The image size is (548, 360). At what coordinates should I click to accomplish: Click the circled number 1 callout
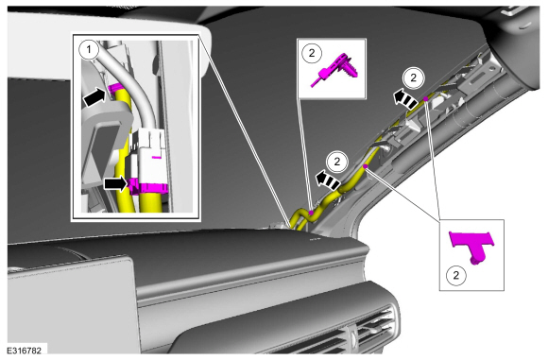(x=89, y=50)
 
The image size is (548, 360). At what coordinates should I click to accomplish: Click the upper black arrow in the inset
(x=94, y=97)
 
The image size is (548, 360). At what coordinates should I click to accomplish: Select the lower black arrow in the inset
(x=116, y=183)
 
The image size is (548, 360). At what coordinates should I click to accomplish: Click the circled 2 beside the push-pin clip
(x=312, y=53)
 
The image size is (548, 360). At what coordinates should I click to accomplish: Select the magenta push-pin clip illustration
(x=334, y=70)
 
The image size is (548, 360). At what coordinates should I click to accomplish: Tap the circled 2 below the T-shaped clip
(x=455, y=275)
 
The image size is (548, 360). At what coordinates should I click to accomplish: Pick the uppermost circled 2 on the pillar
(x=414, y=77)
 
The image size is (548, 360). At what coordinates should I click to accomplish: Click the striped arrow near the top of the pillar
(x=404, y=99)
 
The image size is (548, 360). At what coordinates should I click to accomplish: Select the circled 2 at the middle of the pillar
(x=337, y=162)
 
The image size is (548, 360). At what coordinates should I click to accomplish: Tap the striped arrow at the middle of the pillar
(x=327, y=180)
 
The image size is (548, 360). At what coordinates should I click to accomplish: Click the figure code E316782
(x=24, y=350)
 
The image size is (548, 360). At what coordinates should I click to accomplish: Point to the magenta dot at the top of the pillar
(x=426, y=99)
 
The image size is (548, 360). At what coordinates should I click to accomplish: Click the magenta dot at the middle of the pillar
(x=366, y=166)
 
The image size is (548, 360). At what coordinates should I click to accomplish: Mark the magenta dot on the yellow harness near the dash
(x=311, y=213)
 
